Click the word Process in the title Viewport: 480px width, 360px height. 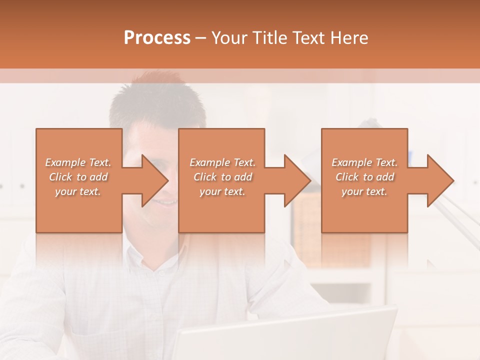pos(157,38)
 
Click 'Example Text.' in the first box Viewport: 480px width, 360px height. pos(78,162)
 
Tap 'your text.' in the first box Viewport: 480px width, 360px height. pos(78,191)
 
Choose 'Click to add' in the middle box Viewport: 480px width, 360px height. pos(222,177)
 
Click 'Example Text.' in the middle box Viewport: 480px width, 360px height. pos(222,162)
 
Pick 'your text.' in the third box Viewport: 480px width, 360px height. pos(364,191)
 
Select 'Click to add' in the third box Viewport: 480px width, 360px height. pos(364,177)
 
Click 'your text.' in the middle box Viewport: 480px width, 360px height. pos(222,191)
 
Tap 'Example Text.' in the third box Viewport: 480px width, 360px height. pos(364,162)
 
